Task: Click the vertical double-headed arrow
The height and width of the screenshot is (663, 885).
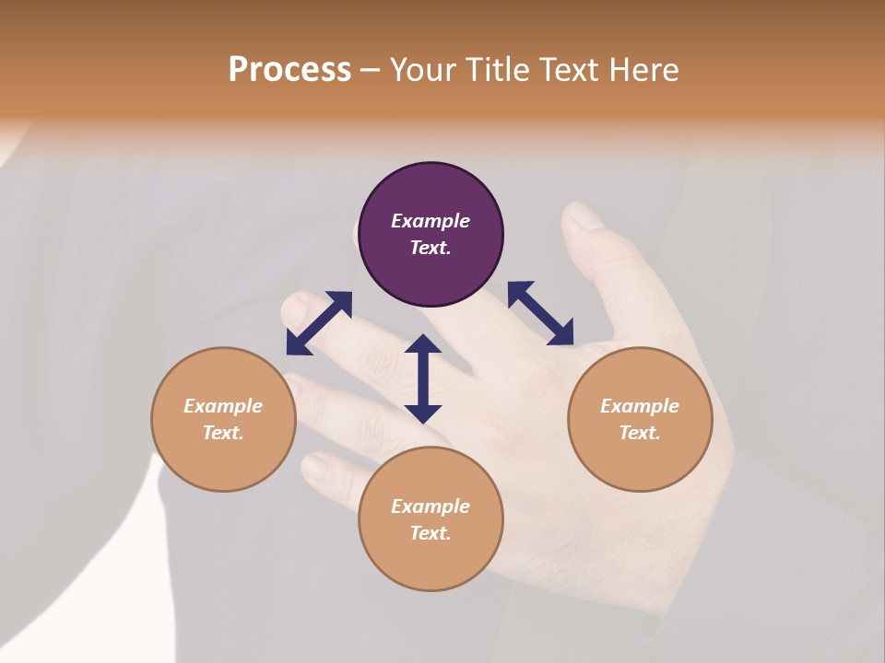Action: (423, 378)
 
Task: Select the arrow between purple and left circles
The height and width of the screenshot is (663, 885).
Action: (319, 322)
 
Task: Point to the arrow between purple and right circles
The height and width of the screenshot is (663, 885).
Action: (540, 313)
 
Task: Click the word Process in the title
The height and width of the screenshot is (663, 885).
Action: (289, 70)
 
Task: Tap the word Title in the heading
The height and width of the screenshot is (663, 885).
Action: (494, 70)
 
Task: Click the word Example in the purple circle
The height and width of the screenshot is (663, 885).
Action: (431, 221)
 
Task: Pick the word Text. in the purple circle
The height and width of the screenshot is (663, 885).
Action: (431, 248)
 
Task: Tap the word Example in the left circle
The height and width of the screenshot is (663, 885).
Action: (223, 406)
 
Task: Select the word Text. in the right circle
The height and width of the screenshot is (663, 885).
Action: (640, 433)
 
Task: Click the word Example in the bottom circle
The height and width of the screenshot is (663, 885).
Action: (431, 506)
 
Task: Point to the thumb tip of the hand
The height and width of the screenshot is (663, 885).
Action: (581, 218)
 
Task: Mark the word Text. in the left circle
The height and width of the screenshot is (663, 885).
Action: (223, 433)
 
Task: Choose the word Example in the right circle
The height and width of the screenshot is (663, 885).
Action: (640, 406)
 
